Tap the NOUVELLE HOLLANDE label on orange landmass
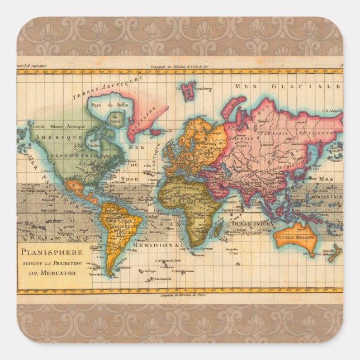point(295,238)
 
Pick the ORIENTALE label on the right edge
point(326,197)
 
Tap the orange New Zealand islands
point(334,253)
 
